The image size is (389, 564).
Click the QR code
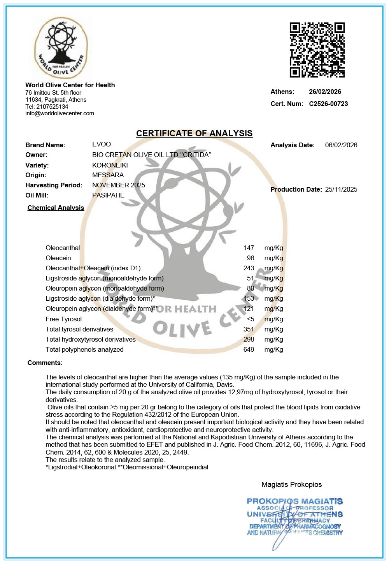(317, 50)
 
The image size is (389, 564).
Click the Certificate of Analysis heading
(194, 134)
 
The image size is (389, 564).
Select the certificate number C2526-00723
(328, 104)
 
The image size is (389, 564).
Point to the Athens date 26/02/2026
(325, 92)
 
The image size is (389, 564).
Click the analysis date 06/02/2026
(341, 145)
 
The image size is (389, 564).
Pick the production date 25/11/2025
(341, 190)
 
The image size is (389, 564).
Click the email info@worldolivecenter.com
(60, 113)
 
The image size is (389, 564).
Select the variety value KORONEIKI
(110, 165)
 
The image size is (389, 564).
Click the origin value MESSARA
(108, 175)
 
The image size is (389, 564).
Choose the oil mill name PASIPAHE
(108, 196)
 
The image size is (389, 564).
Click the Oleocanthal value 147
(249, 248)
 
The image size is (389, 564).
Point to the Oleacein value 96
(251, 258)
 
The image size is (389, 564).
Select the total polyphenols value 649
(249, 350)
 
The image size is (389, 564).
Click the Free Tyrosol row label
(63, 319)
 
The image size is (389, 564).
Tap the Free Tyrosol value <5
(251, 319)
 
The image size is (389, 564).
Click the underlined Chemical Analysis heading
(56, 208)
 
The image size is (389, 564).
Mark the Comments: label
(45, 363)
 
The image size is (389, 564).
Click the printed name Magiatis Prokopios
(291, 485)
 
